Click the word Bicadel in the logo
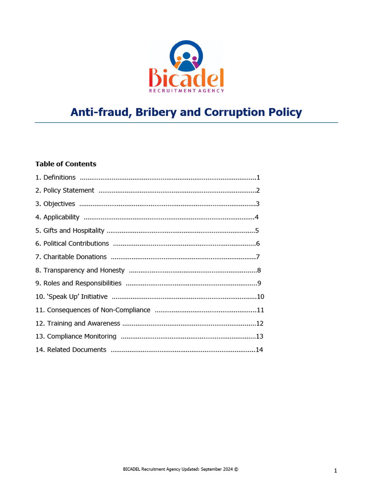pyautogui.click(x=186, y=78)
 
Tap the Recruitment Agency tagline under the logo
pyautogui.click(x=186, y=90)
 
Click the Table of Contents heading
pyautogui.click(x=66, y=164)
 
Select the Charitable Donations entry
pyautogui.click(x=71, y=257)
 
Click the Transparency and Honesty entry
pyautogui.click(x=80, y=270)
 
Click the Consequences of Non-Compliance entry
pyautogui.click(x=93, y=310)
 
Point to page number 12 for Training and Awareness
pyautogui.click(x=260, y=323)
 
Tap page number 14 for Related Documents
pyautogui.click(x=259, y=349)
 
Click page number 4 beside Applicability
pyautogui.click(x=256, y=217)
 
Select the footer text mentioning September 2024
pyautogui.click(x=181, y=469)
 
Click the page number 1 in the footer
pyautogui.click(x=336, y=471)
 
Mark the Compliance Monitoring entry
pyautogui.click(x=76, y=336)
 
